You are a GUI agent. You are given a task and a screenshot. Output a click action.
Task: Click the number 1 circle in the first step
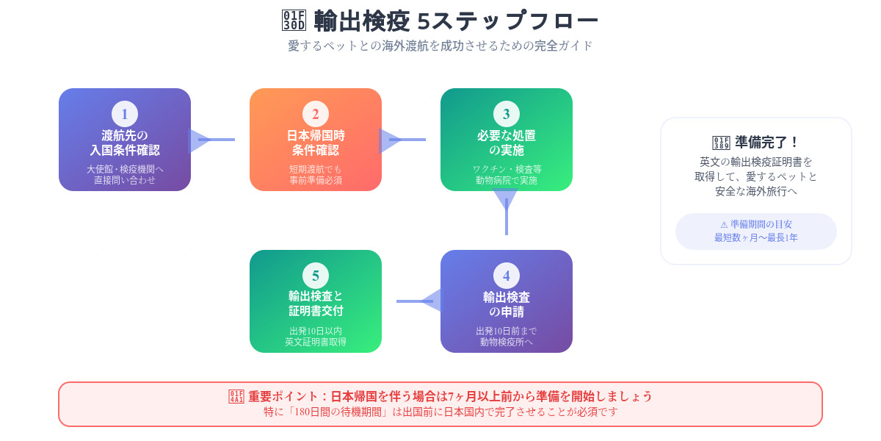point(125,114)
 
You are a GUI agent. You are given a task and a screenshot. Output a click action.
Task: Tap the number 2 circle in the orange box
point(316,114)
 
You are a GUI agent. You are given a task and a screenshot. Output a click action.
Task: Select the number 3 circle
point(506,114)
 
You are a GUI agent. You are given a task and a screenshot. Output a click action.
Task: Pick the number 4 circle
point(506,276)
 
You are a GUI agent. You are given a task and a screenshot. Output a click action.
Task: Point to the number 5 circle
point(316,276)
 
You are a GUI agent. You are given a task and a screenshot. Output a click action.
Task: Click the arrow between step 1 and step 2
point(212,140)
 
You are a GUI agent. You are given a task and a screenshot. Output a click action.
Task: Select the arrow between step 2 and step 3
point(403,140)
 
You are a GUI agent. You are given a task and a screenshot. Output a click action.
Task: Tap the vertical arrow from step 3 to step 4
point(506,212)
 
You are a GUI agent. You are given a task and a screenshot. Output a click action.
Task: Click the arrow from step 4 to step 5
point(419,301)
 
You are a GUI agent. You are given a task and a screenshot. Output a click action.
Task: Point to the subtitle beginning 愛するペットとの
point(440,46)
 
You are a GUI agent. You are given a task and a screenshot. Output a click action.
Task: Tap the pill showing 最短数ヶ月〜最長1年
point(756,231)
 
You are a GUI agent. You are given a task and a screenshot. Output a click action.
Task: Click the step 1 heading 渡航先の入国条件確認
point(125,143)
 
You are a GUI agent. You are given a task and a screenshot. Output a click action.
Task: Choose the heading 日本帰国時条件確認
point(316,143)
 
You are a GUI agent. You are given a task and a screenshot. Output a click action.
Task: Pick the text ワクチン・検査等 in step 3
point(507,169)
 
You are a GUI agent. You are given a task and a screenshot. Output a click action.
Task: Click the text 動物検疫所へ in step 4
point(506,342)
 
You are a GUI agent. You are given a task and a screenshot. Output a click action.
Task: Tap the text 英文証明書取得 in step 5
point(316,342)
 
